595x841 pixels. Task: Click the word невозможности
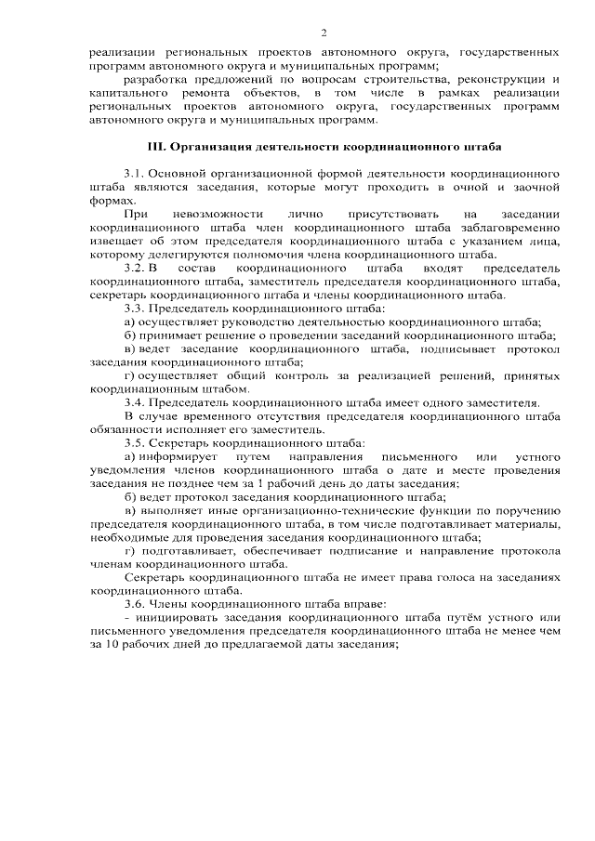point(211,215)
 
